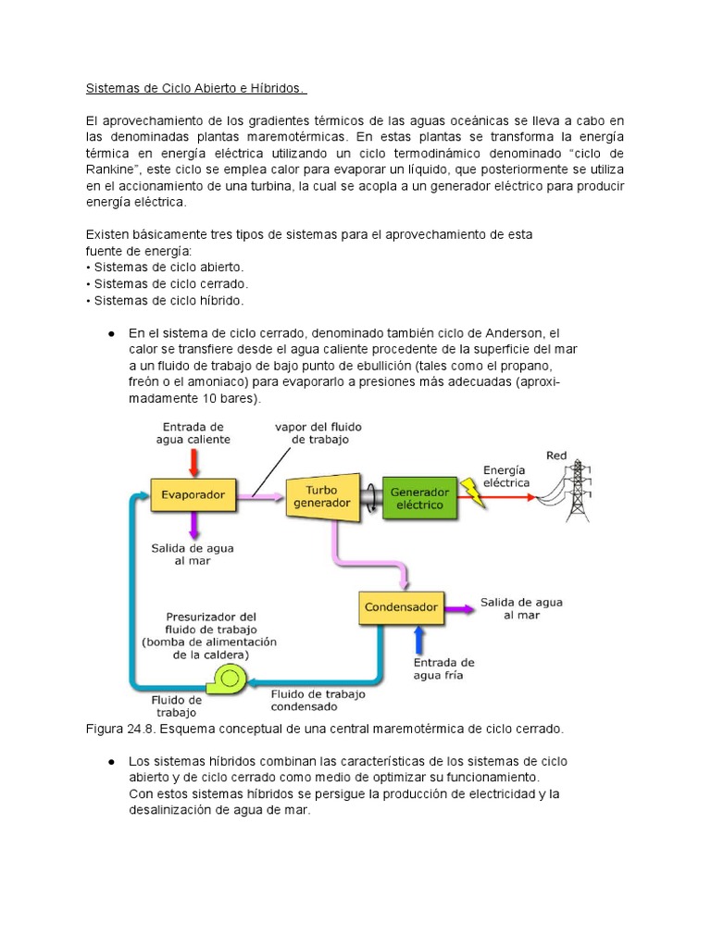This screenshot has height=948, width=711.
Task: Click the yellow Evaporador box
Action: [193, 495]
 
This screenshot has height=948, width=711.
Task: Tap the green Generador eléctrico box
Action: [418, 498]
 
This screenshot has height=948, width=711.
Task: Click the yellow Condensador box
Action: [401, 608]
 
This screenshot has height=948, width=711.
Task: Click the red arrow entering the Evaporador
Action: [193, 459]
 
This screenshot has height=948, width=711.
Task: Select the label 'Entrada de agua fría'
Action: [443, 668]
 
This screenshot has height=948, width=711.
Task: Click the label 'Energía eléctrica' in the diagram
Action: [505, 476]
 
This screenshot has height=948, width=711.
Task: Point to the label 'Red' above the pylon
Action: [556, 455]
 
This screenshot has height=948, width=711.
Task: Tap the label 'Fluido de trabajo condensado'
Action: [318, 700]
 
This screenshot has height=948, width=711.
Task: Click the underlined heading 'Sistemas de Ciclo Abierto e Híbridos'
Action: [196, 88]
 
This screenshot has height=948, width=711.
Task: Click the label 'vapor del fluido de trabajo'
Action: [318, 432]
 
